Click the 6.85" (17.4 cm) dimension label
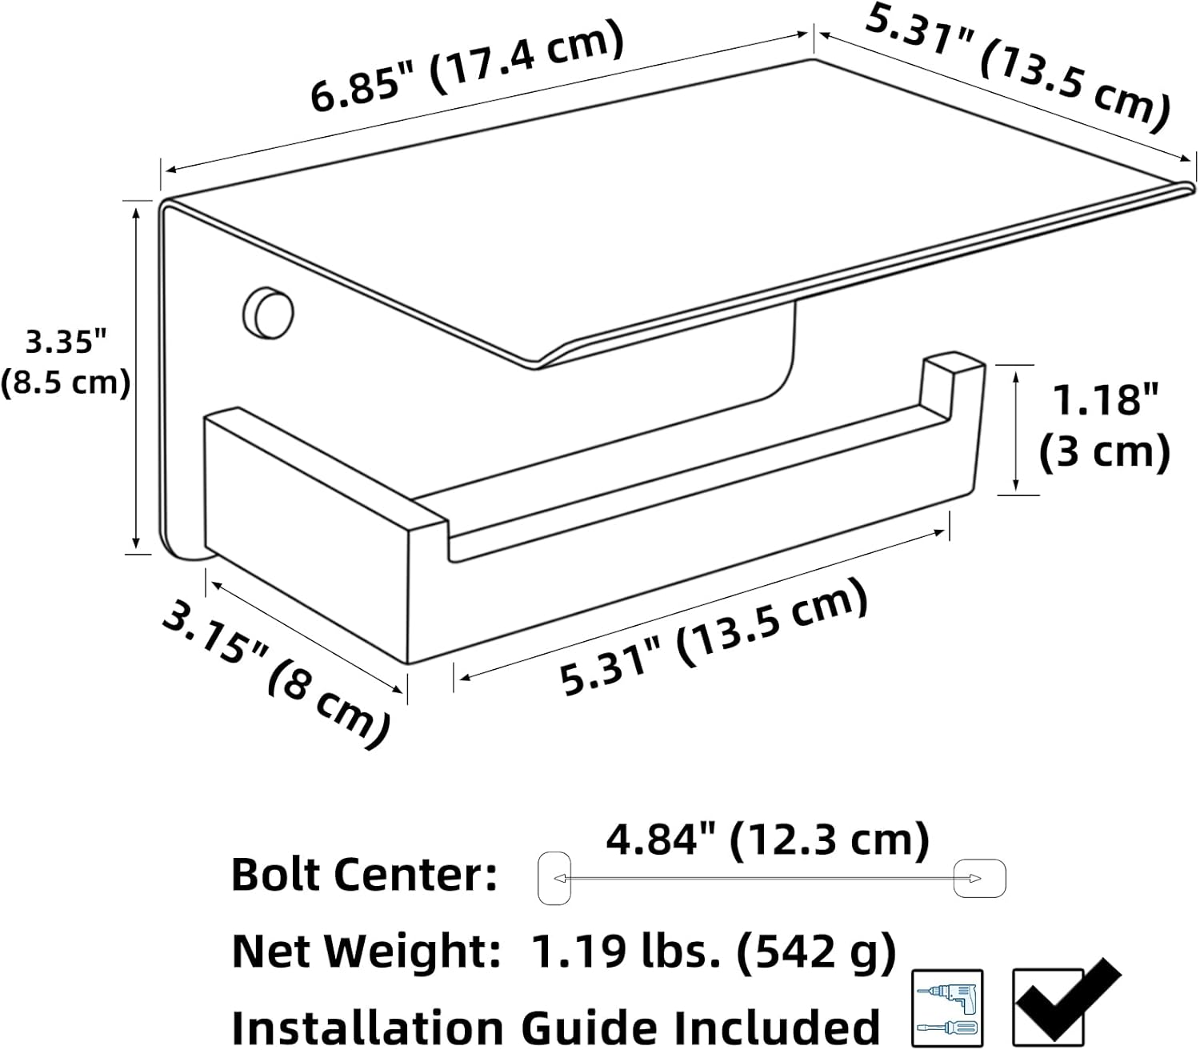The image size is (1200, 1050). tap(467, 65)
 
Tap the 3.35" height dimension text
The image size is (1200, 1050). tap(66, 342)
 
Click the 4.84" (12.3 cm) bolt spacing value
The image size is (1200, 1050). tap(768, 840)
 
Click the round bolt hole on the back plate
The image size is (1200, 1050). tap(268, 313)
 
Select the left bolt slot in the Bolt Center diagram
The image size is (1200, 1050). tap(554, 878)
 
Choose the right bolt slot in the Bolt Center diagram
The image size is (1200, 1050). tap(979, 878)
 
